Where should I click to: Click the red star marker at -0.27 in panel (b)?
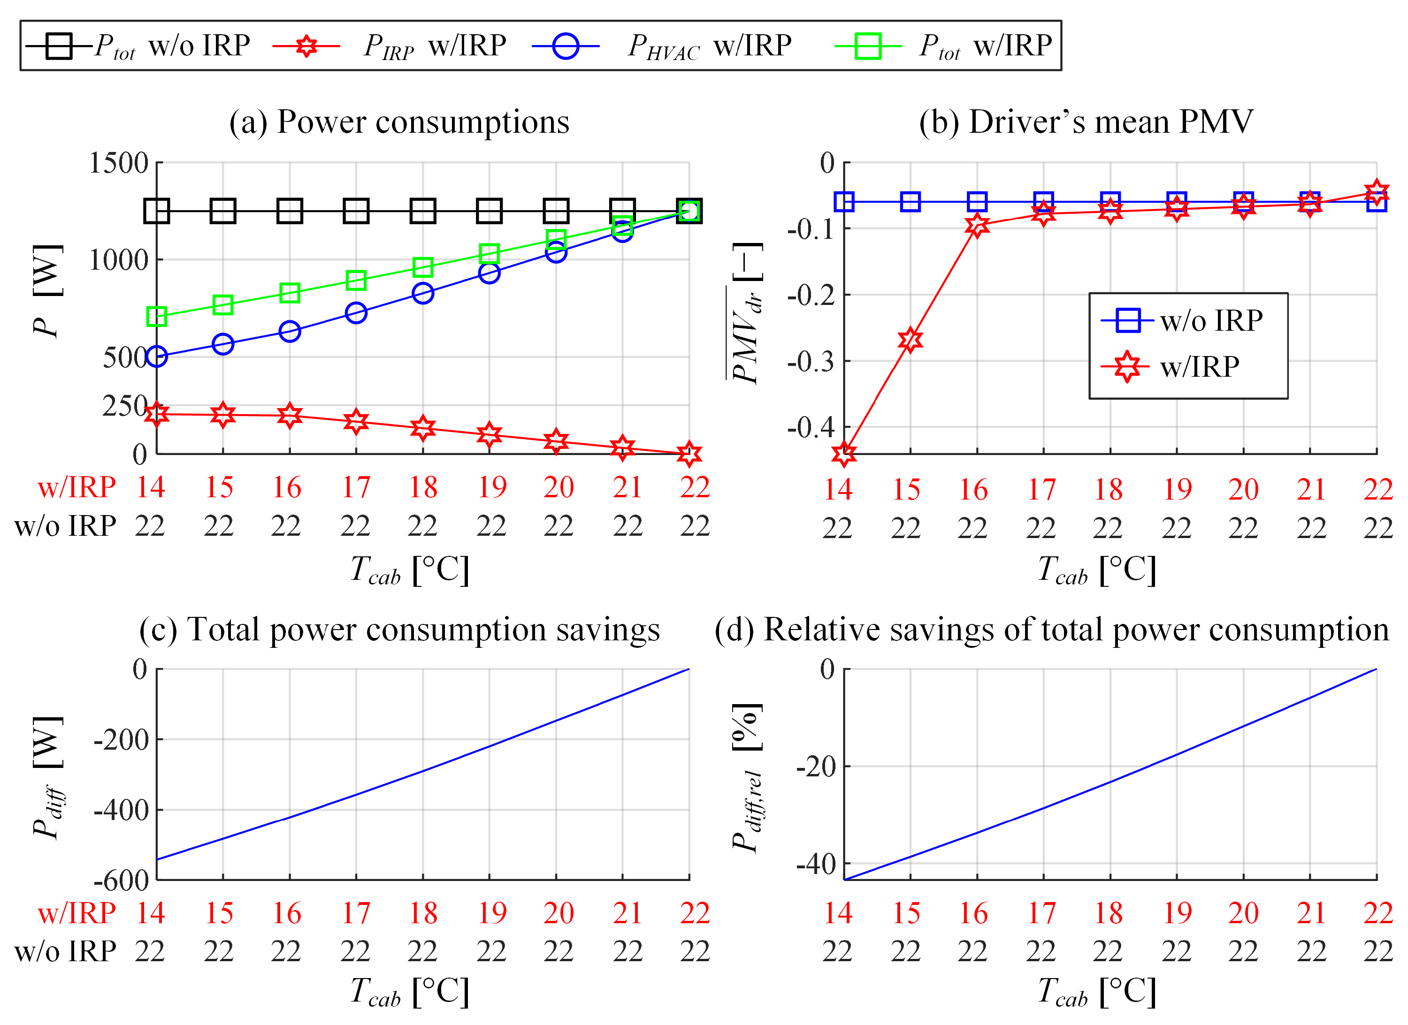(x=910, y=339)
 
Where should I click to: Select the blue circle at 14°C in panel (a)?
(x=156, y=356)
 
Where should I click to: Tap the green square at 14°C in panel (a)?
(x=156, y=317)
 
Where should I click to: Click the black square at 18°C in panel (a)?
(x=423, y=211)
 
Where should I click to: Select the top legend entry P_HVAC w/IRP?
(x=662, y=46)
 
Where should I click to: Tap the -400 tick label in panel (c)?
(x=122, y=810)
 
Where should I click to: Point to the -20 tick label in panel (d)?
(x=816, y=767)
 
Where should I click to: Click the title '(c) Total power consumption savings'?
(x=399, y=630)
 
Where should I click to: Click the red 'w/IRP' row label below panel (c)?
(x=77, y=913)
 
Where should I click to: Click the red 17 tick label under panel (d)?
(x=1041, y=913)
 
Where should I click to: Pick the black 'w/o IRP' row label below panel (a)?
(x=65, y=526)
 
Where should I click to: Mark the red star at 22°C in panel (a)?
(x=689, y=454)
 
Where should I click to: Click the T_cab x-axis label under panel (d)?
(x=1097, y=992)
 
